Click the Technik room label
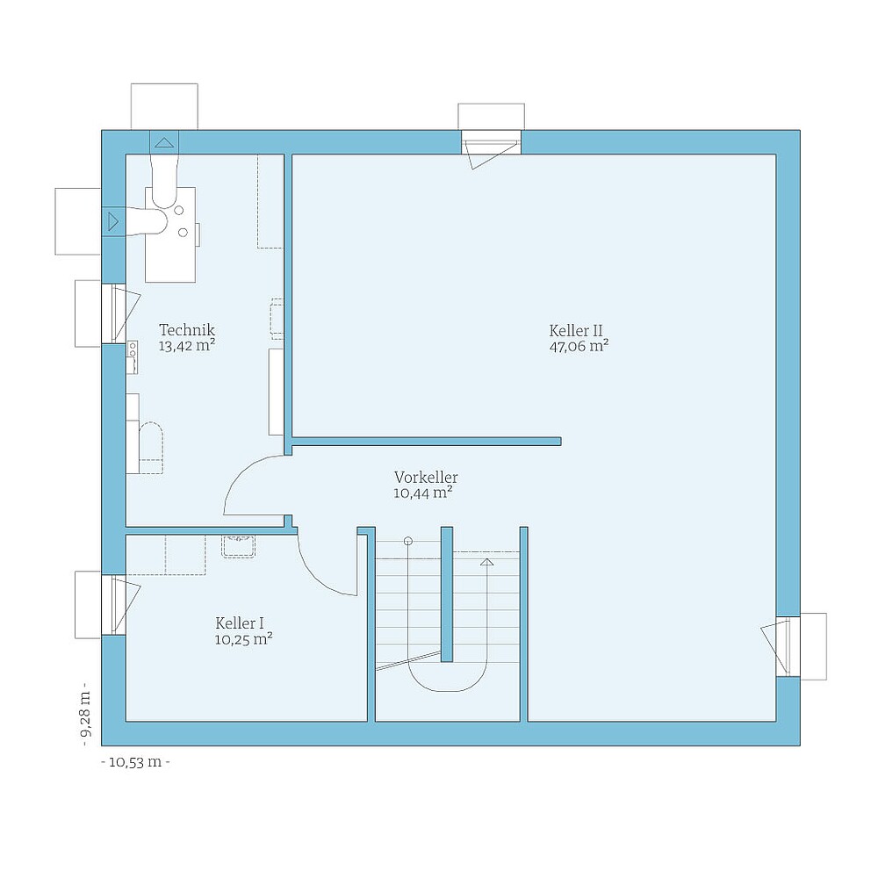pyautogui.click(x=186, y=330)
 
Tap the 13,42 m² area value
pyautogui.click(x=186, y=346)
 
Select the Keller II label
pyautogui.click(x=576, y=331)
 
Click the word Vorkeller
pyautogui.click(x=426, y=478)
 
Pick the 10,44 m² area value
pyautogui.click(x=423, y=493)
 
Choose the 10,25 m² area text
pyautogui.click(x=243, y=639)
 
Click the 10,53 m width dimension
pyautogui.click(x=135, y=762)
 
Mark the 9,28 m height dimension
pyautogui.click(x=85, y=715)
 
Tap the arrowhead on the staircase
pyautogui.click(x=487, y=560)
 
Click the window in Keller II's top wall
pyautogui.click(x=491, y=142)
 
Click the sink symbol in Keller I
pyautogui.click(x=238, y=546)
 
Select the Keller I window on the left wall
pyautogui.click(x=114, y=604)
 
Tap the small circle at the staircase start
pyautogui.click(x=407, y=542)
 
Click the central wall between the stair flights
pyautogui.click(x=446, y=594)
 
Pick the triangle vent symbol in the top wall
pyautogui.click(x=164, y=141)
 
